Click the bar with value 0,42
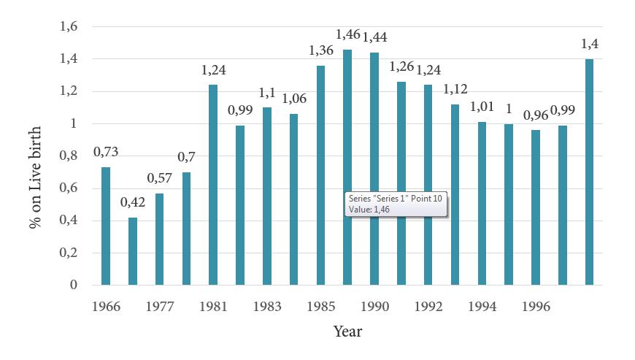coord(133,250)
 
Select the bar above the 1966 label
coord(106,226)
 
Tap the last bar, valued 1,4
coord(589,172)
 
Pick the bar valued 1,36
coord(320,175)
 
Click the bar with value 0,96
coord(535,207)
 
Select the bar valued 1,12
coord(455,194)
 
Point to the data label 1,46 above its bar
coord(348,34)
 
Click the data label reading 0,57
coord(160,178)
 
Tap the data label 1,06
coord(294,99)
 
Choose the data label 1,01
coord(482,107)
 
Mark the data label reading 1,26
coord(401,66)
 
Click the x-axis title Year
coord(347,332)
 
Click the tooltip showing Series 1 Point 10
coord(395,204)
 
